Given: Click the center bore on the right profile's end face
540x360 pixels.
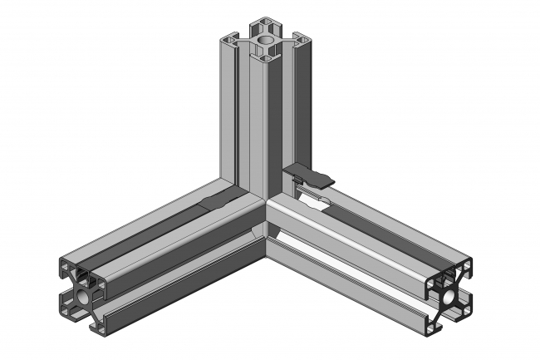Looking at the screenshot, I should coord(449,296).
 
